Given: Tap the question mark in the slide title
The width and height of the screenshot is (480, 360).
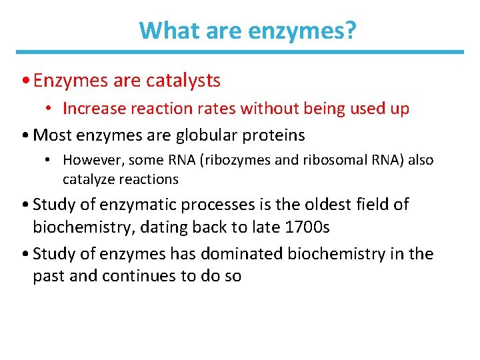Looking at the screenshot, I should point(352,30).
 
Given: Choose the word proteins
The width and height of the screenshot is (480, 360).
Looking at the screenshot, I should point(274,135).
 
